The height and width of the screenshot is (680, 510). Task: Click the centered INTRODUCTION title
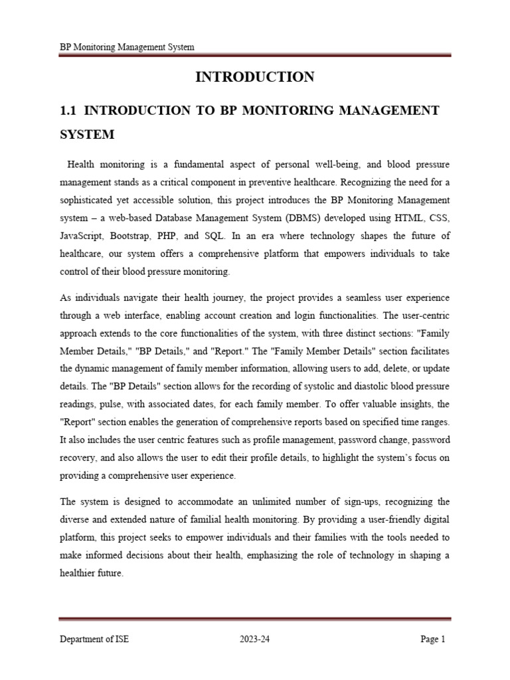[x=255, y=78]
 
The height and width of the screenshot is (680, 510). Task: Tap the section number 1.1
[x=68, y=110]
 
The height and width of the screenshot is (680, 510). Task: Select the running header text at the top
[x=127, y=47]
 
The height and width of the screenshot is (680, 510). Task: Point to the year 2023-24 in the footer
[x=255, y=639]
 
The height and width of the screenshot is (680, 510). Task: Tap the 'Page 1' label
[x=433, y=639]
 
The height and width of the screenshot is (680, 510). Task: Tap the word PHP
[x=186, y=236]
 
